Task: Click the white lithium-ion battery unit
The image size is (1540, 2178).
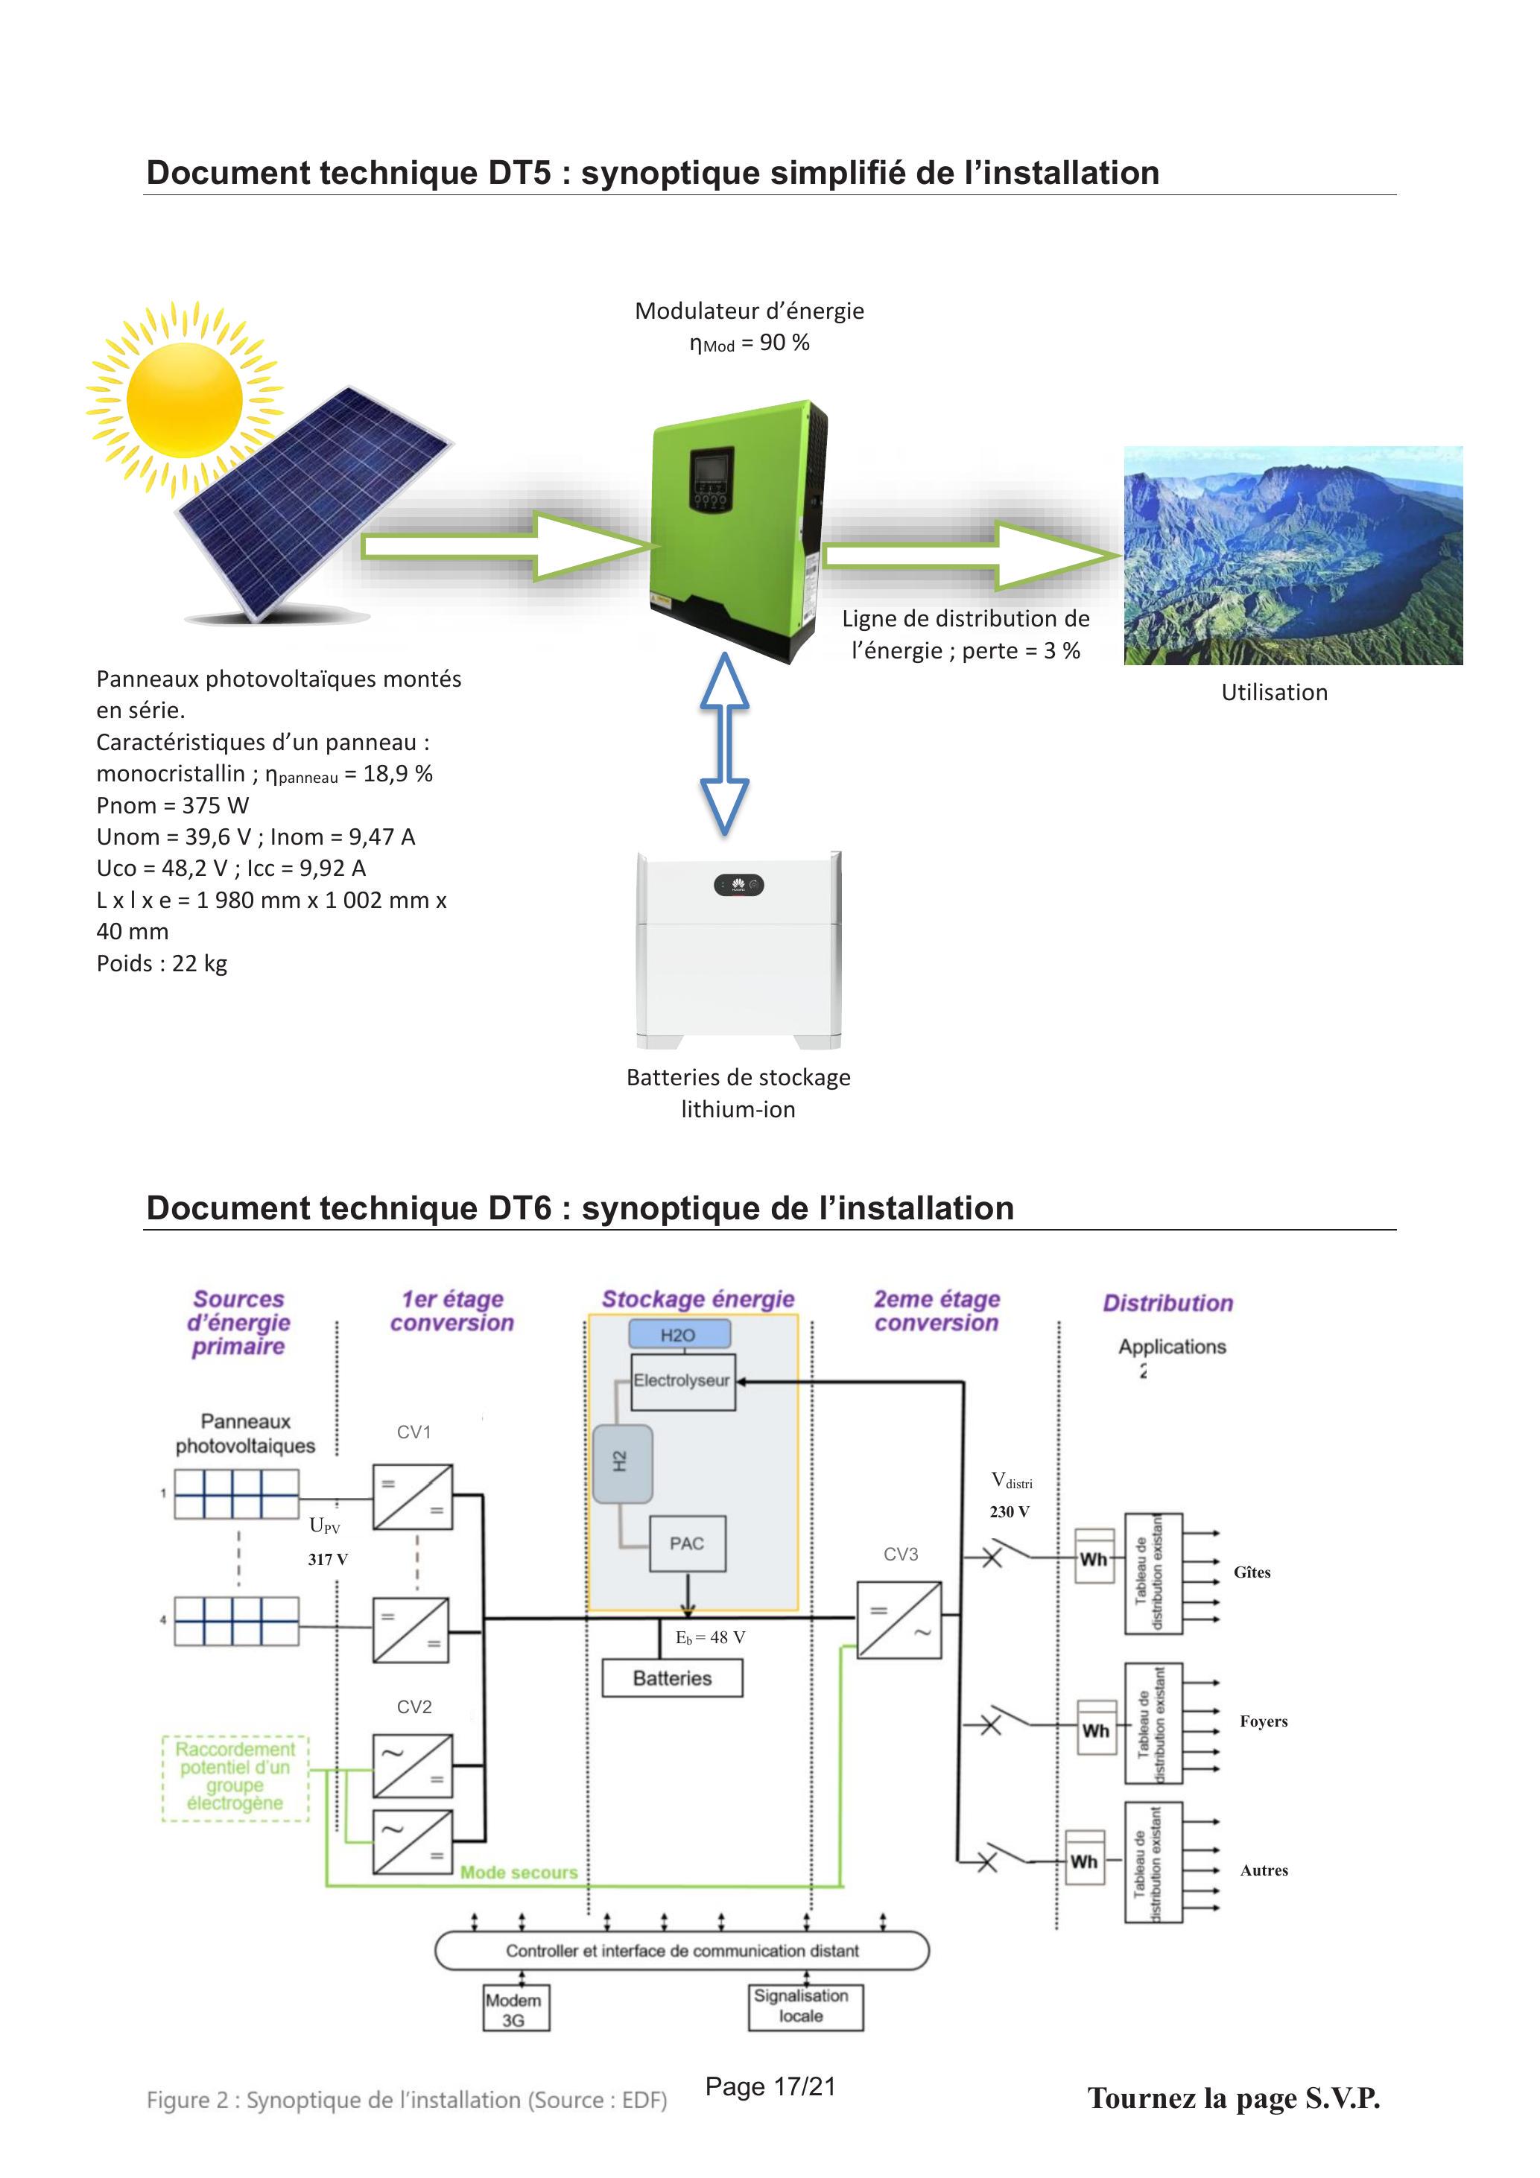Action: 738,950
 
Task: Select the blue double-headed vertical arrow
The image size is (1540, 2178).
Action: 725,743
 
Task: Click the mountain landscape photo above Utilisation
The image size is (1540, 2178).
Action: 1293,555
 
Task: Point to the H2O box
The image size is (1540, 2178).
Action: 679,1335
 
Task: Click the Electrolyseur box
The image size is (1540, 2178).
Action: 683,1381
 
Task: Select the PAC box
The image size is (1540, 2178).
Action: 687,1543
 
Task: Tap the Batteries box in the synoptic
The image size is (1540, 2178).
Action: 673,1678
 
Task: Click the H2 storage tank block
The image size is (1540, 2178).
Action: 622,1463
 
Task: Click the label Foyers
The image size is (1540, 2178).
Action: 1264,1721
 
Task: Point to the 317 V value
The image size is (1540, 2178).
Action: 329,1560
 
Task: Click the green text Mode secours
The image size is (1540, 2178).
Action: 519,1873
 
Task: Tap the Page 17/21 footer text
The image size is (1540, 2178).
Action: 770,2087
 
